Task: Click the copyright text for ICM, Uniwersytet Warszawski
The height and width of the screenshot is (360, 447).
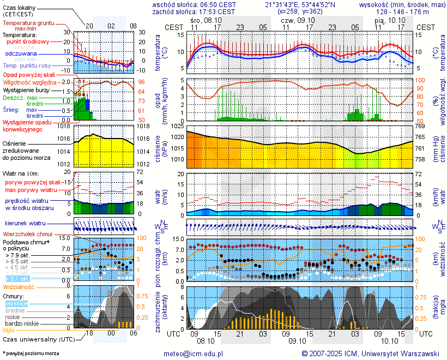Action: tap(371, 354)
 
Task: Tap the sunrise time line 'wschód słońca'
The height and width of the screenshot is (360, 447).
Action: tap(194, 4)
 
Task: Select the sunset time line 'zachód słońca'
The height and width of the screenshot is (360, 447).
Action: tap(194, 11)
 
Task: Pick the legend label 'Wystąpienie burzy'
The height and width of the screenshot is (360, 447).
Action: tap(28, 89)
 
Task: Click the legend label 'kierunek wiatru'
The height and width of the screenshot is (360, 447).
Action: tap(25, 224)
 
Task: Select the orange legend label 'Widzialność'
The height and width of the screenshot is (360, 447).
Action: tap(19, 286)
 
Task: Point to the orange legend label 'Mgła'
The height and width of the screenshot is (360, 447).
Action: tap(9, 330)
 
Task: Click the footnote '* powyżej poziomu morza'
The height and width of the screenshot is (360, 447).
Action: tap(31, 353)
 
